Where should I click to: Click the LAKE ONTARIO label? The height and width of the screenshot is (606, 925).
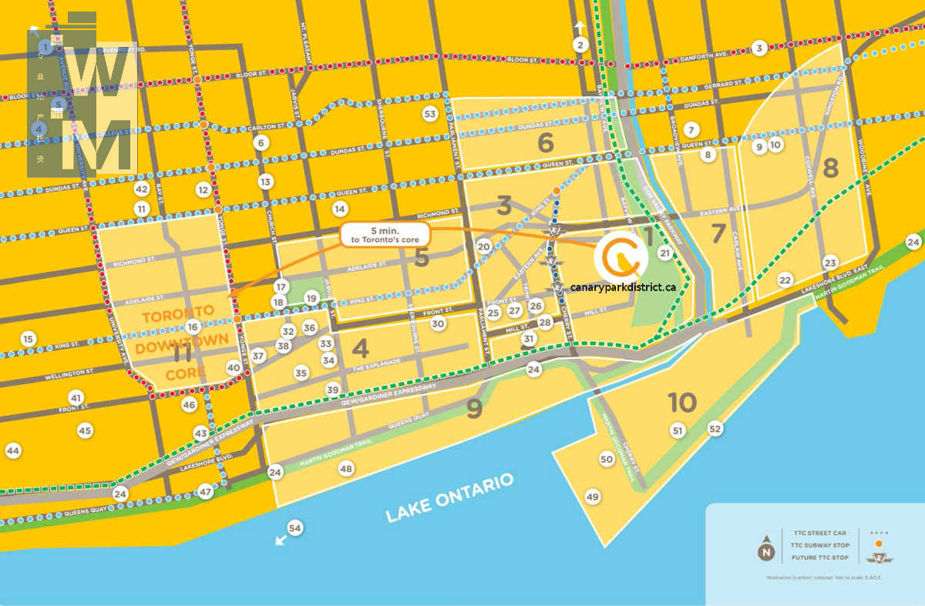click(449, 499)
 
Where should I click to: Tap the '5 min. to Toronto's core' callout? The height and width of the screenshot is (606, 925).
click(385, 235)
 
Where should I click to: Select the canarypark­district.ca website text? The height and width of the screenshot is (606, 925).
click(624, 286)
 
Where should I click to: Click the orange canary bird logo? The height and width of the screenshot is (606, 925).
click(621, 258)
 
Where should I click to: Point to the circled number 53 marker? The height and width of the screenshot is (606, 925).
click(431, 115)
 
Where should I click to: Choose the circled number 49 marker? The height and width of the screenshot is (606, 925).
click(592, 497)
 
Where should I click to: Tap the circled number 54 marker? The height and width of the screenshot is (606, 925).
click(294, 527)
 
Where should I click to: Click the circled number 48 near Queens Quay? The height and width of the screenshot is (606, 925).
click(346, 468)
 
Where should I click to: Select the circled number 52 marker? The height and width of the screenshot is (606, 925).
click(715, 428)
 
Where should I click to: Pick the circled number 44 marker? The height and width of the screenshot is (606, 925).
click(13, 450)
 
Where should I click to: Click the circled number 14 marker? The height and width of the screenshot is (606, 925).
click(340, 209)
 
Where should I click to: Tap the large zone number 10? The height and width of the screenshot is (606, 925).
click(682, 402)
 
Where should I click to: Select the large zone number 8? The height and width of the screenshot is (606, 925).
click(830, 167)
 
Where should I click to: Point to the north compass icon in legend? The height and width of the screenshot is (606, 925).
click(765, 551)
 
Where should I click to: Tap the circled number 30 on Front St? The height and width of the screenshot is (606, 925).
click(439, 324)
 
